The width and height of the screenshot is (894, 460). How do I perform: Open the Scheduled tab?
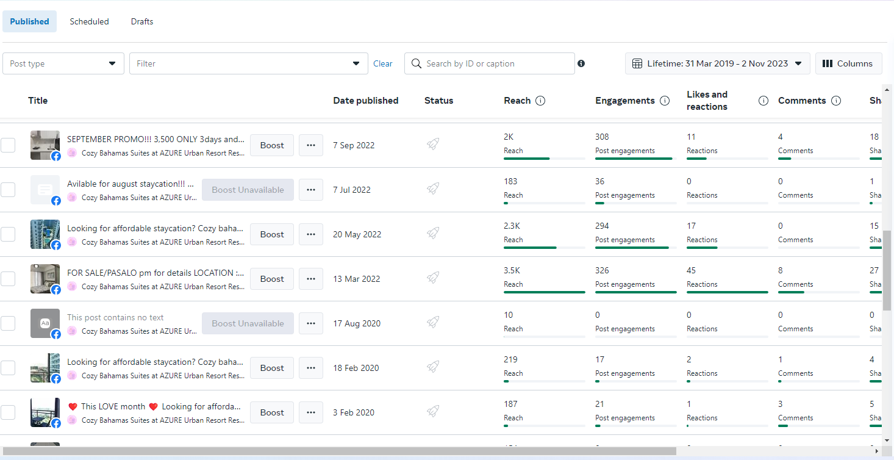pyautogui.click(x=89, y=21)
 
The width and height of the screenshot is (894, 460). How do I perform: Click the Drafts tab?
pyautogui.click(x=142, y=21)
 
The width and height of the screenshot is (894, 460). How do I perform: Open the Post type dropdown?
pyautogui.click(x=63, y=63)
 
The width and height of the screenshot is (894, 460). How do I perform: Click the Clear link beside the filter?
pyautogui.click(x=383, y=63)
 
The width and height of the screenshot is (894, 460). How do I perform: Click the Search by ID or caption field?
pyautogui.click(x=494, y=63)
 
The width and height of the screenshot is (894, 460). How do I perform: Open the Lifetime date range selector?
pyautogui.click(x=717, y=63)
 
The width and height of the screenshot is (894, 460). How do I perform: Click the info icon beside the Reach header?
pyautogui.click(x=540, y=101)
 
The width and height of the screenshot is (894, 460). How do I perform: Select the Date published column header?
pyautogui.click(x=366, y=101)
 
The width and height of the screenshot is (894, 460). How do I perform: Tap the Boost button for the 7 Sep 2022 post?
pyautogui.click(x=272, y=145)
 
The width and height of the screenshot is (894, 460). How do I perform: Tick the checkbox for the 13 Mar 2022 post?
pyautogui.click(x=8, y=279)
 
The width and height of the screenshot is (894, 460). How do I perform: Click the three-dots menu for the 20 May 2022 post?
pyautogui.click(x=311, y=234)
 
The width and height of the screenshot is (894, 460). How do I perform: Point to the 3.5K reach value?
pyautogui.click(x=512, y=270)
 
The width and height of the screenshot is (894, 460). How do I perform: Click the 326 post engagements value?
pyautogui.click(x=603, y=270)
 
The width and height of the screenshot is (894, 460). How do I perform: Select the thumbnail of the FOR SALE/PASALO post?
pyautogui.click(x=45, y=279)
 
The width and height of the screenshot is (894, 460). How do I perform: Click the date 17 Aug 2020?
pyautogui.click(x=357, y=323)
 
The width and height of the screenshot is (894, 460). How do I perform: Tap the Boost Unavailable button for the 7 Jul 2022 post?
pyautogui.click(x=248, y=190)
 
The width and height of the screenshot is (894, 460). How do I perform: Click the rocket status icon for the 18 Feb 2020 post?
pyautogui.click(x=433, y=367)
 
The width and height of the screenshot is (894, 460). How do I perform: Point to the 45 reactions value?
pyautogui.click(x=692, y=270)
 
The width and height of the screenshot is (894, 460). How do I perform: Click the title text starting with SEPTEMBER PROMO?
pyautogui.click(x=156, y=139)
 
